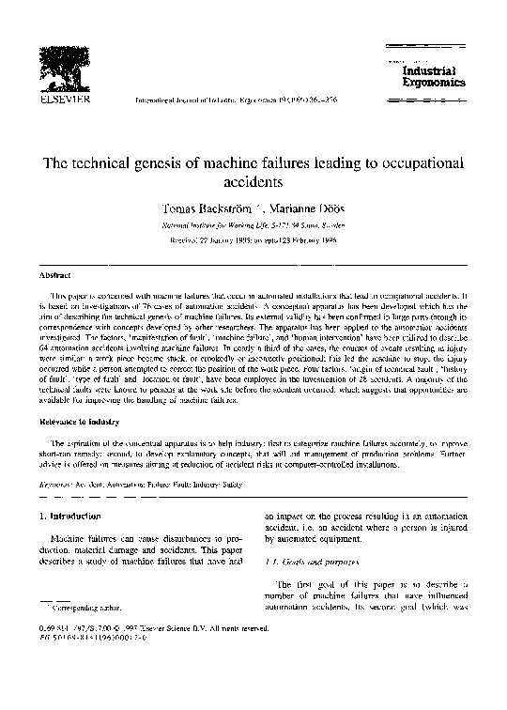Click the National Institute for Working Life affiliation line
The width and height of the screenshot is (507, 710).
(x=253, y=224)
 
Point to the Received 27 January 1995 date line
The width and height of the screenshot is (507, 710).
(x=253, y=241)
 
